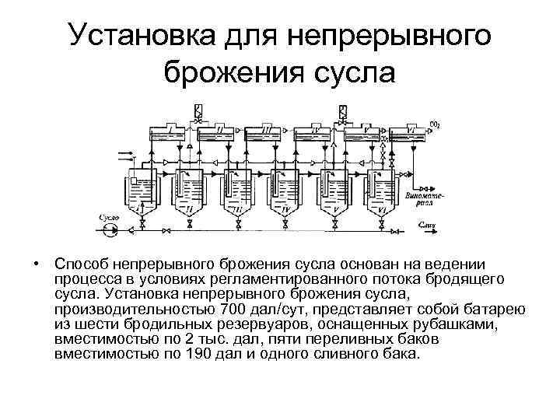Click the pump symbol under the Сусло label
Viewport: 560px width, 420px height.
110,229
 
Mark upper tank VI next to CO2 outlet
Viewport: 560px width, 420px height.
411,133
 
